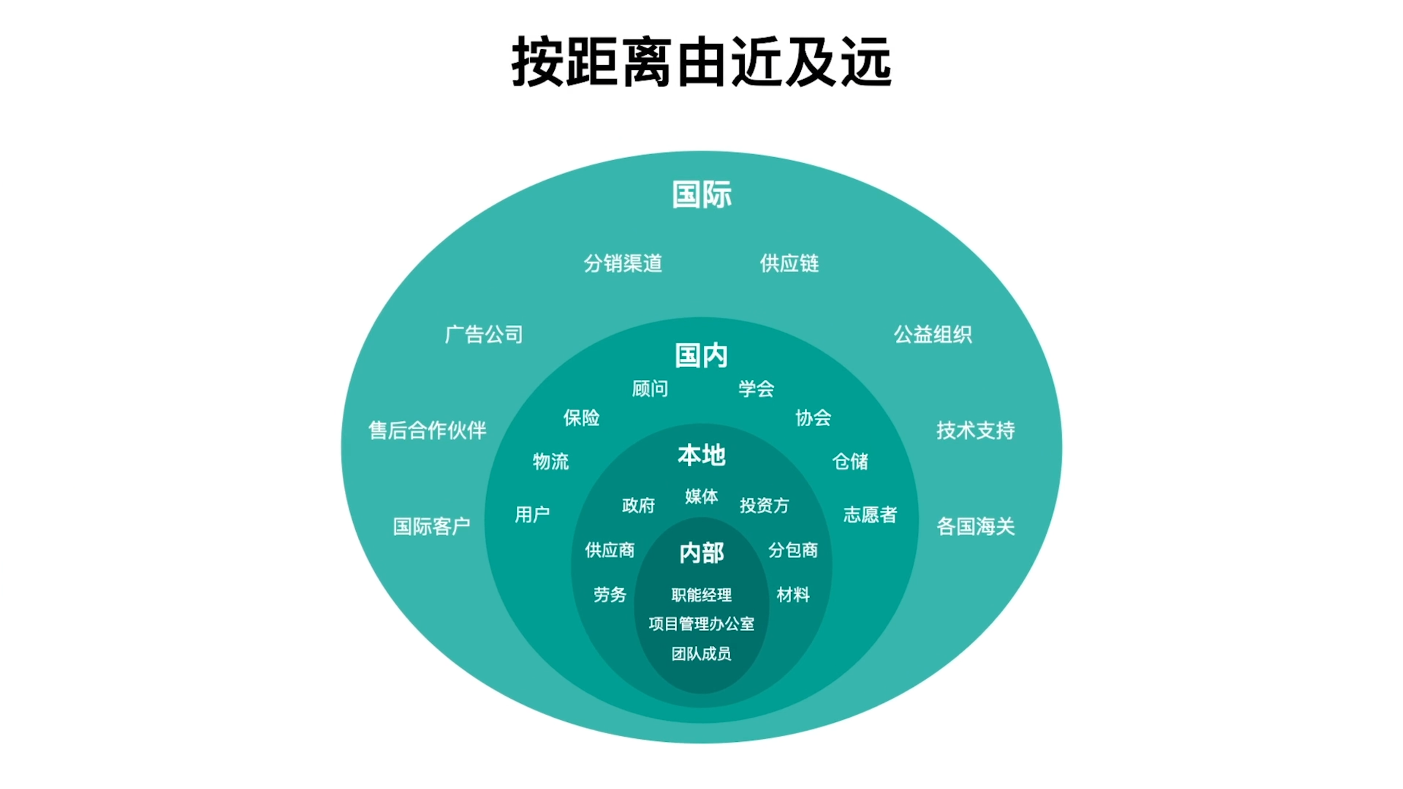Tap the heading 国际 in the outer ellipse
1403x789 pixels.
point(702,194)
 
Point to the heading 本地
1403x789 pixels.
point(702,455)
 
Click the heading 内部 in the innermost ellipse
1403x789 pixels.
point(702,553)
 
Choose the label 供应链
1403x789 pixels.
point(789,263)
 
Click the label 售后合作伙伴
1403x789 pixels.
point(428,430)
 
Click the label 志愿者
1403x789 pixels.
point(870,515)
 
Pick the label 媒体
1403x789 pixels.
point(702,496)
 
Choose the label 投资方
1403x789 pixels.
point(764,505)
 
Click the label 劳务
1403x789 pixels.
point(610,595)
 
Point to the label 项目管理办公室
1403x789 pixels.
point(702,623)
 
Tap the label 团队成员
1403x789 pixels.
point(702,653)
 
